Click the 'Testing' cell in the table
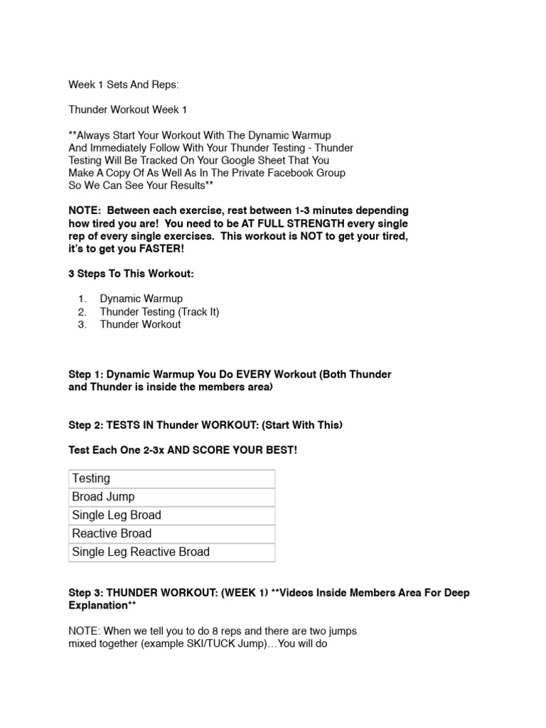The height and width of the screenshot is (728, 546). pyautogui.click(x=91, y=478)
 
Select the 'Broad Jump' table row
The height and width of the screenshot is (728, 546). pyautogui.click(x=103, y=497)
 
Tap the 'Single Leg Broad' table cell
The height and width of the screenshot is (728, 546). pyautogui.click(x=117, y=515)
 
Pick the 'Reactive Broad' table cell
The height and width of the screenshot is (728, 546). pyautogui.click(x=112, y=534)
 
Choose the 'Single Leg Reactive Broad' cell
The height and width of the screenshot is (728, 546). pyautogui.click(x=141, y=552)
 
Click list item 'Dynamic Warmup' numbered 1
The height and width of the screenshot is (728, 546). pyautogui.click(x=140, y=299)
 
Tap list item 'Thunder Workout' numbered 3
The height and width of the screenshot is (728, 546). pyautogui.click(x=140, y=324)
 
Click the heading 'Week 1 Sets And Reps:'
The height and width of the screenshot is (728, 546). pyautogui.click(x=124, y=85)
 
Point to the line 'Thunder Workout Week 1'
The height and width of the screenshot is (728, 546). pyautogui.click(x=128, y=110)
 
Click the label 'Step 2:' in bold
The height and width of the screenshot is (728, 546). pyautogui.click(x=85, y=425)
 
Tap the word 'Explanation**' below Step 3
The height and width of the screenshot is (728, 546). pyautogui.click(x=102, y=604)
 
